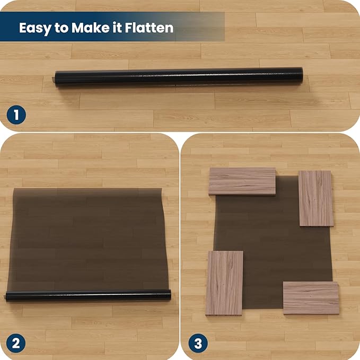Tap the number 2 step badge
click(x=15, y=343)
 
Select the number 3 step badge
click(x=197, y=343)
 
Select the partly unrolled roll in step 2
click(x=87, y=296)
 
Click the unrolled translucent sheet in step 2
click(x=87, y=239)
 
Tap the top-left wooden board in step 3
click(x=242, y=181)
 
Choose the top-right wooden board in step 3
click(x=315, y=198)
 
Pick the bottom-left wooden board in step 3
click(x=224, y=283)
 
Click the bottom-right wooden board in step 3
click(x=311, y=297)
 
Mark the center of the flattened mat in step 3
click(x=270, y=241)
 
